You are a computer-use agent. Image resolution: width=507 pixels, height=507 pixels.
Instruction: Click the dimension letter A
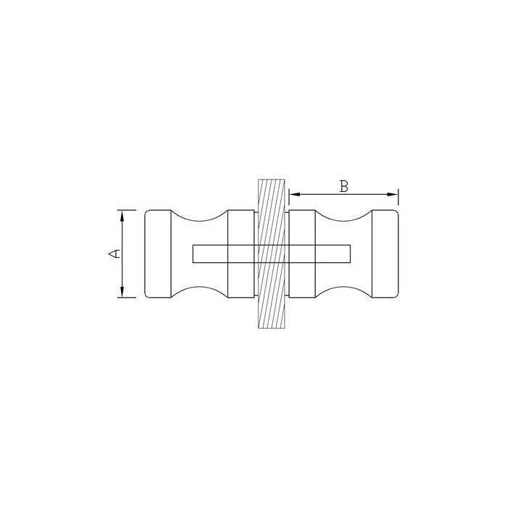(x=114, y=253)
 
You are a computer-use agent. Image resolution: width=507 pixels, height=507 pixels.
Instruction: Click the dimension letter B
(x=344, y=187)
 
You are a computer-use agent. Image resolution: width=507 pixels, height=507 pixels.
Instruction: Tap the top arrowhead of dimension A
(x=122, y=215)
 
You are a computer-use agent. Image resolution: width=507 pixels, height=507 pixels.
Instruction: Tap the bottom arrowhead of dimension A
(x=122, y=292)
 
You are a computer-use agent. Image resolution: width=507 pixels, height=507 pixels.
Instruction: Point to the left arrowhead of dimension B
(x=295, y=194)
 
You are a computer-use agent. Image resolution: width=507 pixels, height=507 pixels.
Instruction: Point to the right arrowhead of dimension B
(x=393, y=194)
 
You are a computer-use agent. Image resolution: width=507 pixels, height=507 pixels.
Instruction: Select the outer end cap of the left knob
(x=158, y=253)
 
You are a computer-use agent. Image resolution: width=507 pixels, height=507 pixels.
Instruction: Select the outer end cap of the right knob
(x=385, y=253)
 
